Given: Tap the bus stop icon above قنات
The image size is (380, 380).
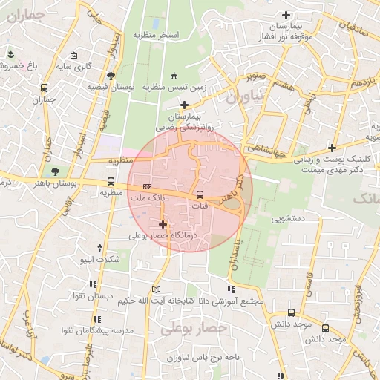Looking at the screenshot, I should [199, 194].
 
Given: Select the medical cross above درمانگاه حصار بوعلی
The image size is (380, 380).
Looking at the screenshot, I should [163, 224].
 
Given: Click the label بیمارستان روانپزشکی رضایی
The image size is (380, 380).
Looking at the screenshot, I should [189, 122].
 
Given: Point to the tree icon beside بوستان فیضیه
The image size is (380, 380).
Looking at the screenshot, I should [111, 75].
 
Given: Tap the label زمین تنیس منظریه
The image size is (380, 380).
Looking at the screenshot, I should [174, 87].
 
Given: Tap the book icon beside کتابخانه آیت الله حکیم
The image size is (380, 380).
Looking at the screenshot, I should [155, 289].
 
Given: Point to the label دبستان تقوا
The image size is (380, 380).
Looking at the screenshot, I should [93, 296].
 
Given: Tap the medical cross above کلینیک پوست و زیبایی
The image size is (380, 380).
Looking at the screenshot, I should [332, 148].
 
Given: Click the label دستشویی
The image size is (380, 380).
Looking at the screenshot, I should [275, 219].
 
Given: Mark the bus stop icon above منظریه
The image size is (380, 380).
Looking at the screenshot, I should [111, 181].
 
